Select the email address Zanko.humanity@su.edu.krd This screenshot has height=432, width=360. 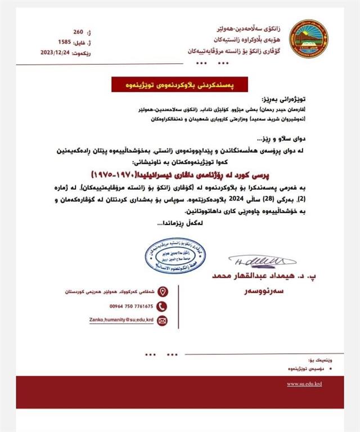click(121, 319)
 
